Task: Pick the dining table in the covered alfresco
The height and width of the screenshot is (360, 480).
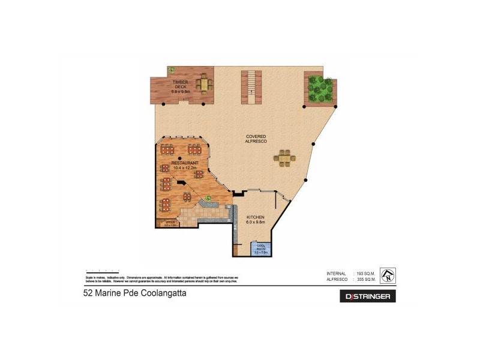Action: pyautogui.click(x=284, y=158)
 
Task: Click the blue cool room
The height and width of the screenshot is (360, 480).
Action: pyautogui.click(x=262, y=251)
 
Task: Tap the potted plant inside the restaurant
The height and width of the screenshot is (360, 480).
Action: pyautogui.click(x=208, y=197)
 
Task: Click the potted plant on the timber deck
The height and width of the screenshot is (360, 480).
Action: pyautogui.click(x=172, y=69)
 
